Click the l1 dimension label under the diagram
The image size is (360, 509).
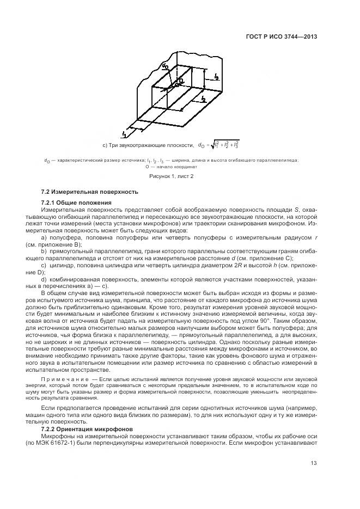[x=124, y=133]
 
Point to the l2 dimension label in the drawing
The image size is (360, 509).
[x=203, y=99]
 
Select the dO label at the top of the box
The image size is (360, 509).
[x=164, y=66]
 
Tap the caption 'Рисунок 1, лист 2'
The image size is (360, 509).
[x=172, y=176]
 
